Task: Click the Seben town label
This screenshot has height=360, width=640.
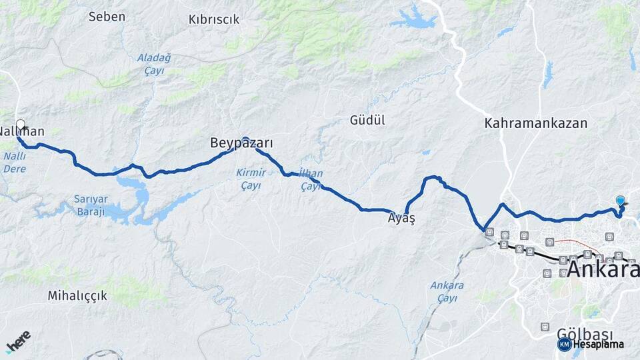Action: pyautogui.click(x=107, y=17)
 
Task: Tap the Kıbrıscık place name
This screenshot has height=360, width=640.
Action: pyautogui.click(x=214, y=19)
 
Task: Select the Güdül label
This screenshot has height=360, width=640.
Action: pyautogui.click(x=367, y=120)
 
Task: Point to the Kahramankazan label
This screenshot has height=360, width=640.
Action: pyautogui.click(x=536, y=123)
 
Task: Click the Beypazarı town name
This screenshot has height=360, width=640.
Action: pyautogui.click(x=241, y=143)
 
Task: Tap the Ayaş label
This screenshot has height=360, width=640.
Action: pyautogui.click(x=401, y=219)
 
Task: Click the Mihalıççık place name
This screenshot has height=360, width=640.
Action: pyautogui.click(x=77, y=295)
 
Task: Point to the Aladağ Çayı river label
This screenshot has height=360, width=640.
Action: pyautogui.click(x=154, y=64)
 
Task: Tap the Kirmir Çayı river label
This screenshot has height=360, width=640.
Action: pyautogui.click(x=251, y=179)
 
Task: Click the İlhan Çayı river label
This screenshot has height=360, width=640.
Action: pyautogui.click(x=311, y=180)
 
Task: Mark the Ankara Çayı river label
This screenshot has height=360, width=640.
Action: pyautogui.click(x=447, y=291)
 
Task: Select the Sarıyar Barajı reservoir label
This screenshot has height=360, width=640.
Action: pyautogui.click(x=89, y=205)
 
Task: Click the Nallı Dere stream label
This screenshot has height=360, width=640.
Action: pyautogui.click(x=15, y=162)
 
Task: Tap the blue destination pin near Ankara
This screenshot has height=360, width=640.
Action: pyautogui.click(x=621, y=201)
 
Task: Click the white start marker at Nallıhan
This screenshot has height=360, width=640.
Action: pyautogui.click(x=21, y=124)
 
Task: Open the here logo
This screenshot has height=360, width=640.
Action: pyautogui.click(x=18, y=341)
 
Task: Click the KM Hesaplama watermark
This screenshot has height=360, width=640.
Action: pyautogui.click(x=591, y=344)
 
